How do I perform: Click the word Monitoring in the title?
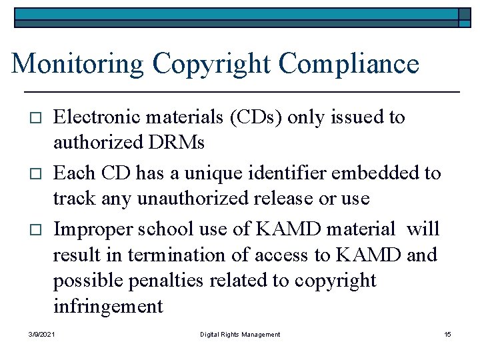(x=77, y=64)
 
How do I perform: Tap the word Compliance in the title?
(x=349, y=64)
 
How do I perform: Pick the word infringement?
(x=108, y=306)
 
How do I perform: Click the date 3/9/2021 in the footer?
(x=42, y=334)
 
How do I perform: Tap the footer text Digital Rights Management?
(x=240, y=334)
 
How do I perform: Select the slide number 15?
(x=447, y=334)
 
